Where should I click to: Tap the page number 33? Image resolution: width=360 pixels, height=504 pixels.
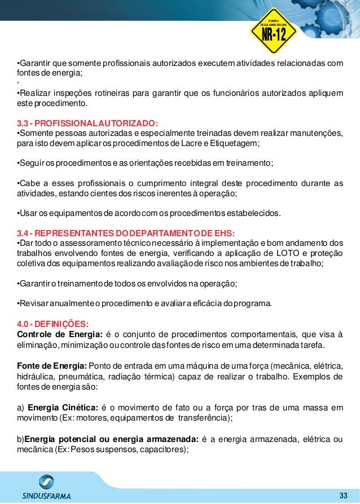[343, 495]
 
